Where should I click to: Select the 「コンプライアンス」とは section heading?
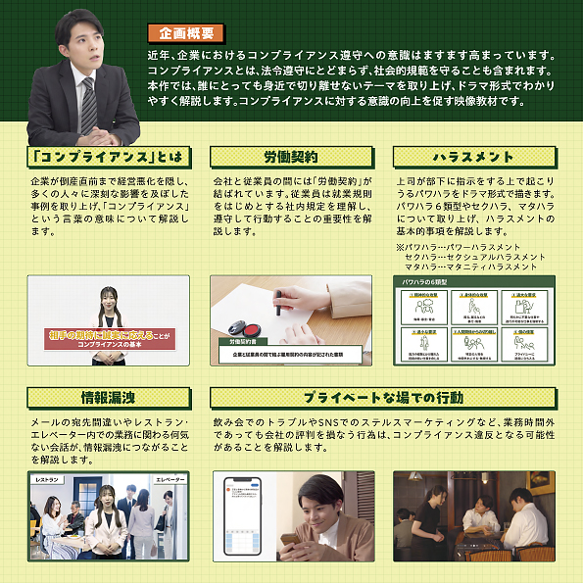(x=107, y=158)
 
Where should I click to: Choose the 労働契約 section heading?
(x=290, y=158)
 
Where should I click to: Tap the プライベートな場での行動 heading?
(x=382, y=397)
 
